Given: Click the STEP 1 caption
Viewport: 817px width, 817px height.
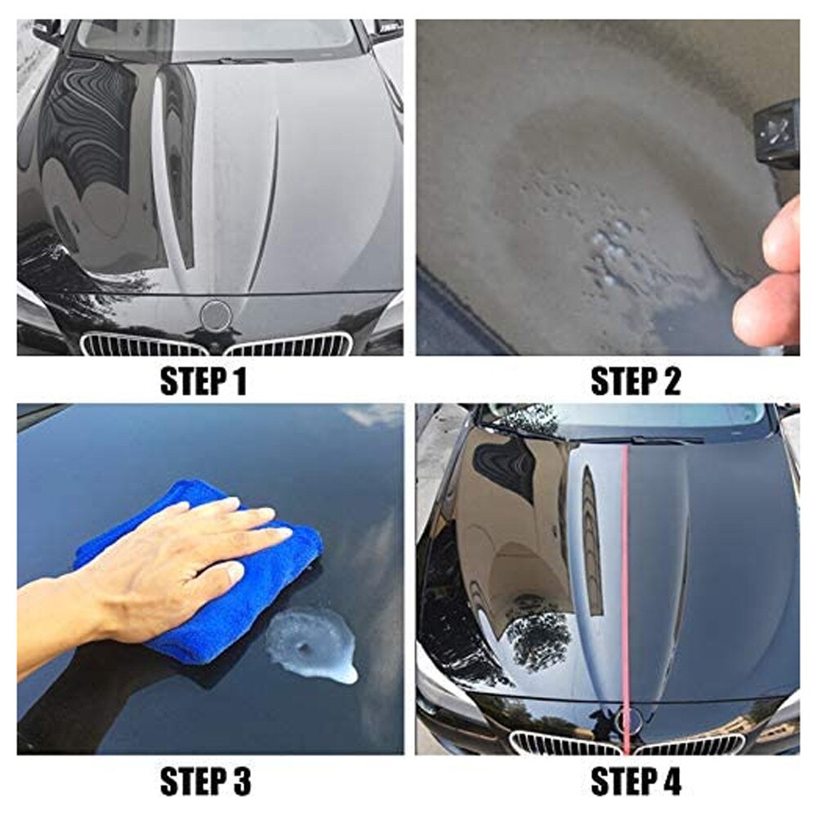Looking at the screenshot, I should pos(203,382).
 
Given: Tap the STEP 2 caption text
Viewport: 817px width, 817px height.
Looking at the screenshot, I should pos(635,382).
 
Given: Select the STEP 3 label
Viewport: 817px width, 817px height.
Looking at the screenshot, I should pos(204,782).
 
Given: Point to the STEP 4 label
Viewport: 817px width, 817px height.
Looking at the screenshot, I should pos(635,782).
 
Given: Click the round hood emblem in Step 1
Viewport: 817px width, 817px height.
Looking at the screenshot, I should pos(216,314).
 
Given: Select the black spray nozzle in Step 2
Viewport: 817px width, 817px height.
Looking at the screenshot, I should pos(776,131).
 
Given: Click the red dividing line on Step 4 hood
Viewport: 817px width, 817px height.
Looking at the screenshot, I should pos(626,572).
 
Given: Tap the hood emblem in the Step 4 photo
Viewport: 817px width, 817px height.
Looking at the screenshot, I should pos(627,720).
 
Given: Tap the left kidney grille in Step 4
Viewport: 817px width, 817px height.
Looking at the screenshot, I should pos(564,744).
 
